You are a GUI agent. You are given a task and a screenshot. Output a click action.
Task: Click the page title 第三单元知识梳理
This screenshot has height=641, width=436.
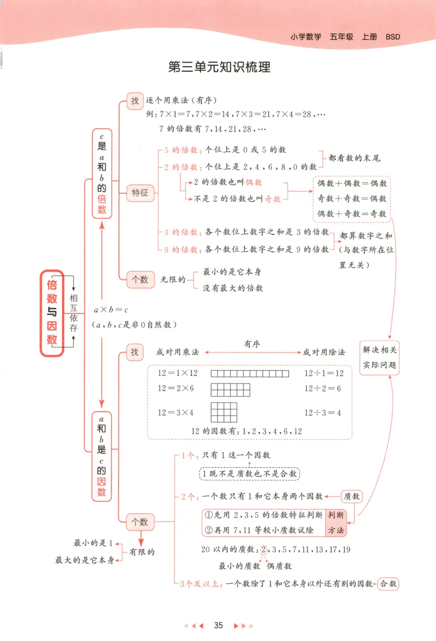pos(219,68)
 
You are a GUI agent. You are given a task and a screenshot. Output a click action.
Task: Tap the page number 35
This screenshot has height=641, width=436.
pos(219,625)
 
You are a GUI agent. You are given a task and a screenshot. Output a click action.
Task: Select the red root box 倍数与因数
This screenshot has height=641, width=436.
pos(52,313)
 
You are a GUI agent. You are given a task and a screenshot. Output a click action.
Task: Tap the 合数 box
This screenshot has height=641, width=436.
pos(388,584)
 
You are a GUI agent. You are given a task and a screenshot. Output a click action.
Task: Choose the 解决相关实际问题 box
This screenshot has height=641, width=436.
pos(380,357)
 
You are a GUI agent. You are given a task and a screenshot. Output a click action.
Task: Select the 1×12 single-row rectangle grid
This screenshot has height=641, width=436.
pos(250,374)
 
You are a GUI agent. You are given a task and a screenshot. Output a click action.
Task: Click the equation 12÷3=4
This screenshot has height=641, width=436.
pos(323,413)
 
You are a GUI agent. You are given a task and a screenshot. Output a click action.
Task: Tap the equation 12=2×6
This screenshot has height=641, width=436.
pos(175,389)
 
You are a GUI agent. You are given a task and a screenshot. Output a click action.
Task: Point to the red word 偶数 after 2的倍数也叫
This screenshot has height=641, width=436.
pos(254,183)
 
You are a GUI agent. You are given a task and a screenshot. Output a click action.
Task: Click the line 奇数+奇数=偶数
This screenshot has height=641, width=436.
pos(352,198)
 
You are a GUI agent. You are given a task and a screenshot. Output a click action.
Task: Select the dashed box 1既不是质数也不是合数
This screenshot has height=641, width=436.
pos(249,474)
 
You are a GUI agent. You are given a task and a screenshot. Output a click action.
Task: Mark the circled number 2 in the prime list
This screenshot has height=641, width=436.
pos(264,550)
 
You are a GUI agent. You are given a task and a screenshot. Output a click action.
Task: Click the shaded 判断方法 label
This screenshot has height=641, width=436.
pos(335,522)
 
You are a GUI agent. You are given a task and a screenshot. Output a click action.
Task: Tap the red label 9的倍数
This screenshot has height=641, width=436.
pos(181,249)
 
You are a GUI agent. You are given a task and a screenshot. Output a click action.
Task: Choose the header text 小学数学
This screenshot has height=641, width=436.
pos(306,38)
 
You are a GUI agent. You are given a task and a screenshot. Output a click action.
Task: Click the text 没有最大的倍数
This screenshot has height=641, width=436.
pos(233,288)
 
